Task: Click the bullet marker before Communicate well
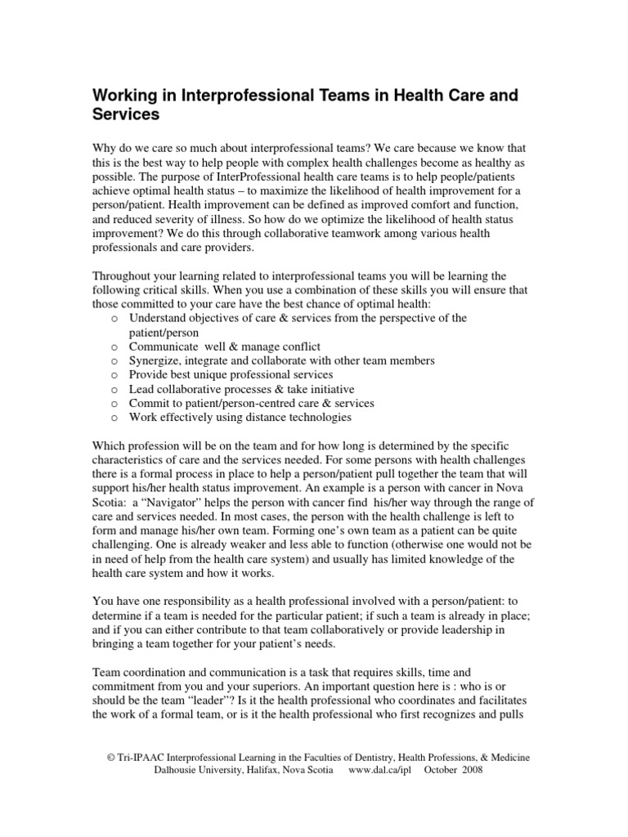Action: tap(114, 347)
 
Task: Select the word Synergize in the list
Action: tap(157, 361)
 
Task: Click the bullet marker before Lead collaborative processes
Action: tap(114, 390)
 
